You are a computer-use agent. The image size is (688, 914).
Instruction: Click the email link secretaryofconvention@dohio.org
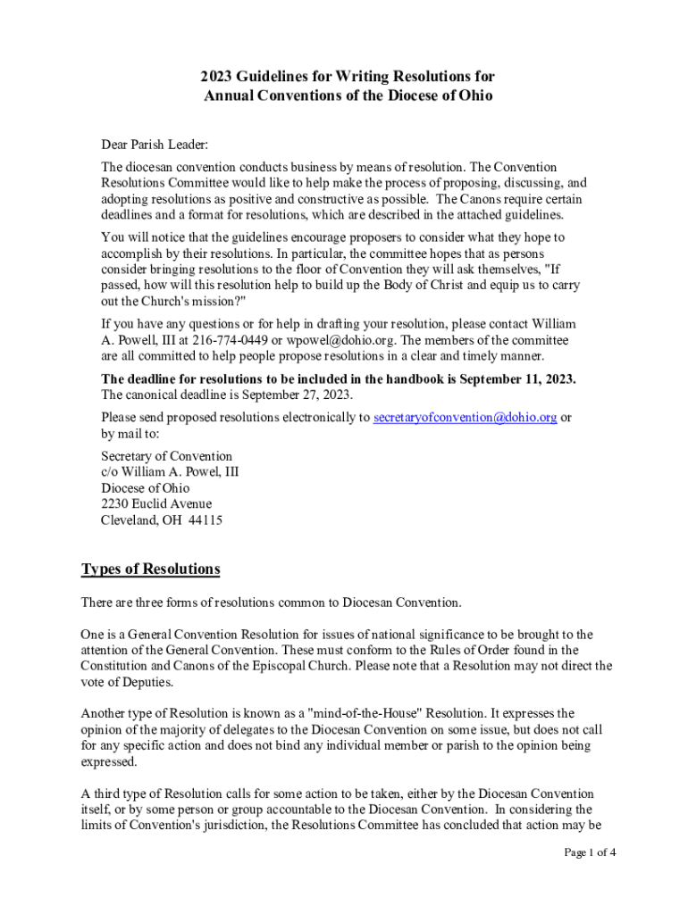(465, 417)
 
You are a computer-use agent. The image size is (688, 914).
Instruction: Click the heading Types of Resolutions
(150, 569)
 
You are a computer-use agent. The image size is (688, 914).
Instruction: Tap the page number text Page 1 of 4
(589, 852)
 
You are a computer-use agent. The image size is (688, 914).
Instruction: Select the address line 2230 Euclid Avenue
(156, 504)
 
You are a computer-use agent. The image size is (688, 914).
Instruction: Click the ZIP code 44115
(206, 520)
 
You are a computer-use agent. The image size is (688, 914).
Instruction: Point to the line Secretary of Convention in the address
(166, 456)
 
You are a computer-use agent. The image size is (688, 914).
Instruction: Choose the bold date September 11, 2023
(516, 378)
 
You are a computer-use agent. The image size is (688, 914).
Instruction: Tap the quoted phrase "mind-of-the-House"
(328, 713)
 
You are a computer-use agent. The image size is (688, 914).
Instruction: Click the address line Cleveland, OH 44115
(162, 520)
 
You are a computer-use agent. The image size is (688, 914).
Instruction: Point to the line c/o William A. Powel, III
(170, 472)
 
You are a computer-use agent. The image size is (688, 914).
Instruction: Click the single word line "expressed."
(110, 761)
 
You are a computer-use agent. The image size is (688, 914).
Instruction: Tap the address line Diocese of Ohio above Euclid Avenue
(145, 488)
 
